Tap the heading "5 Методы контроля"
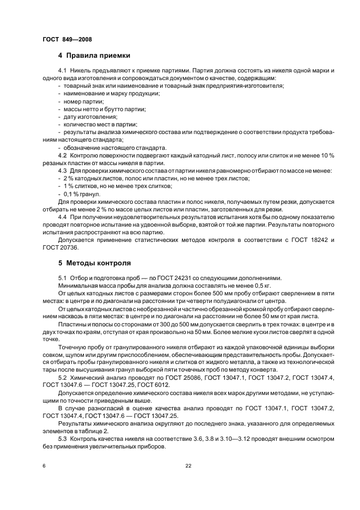[94, 262]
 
